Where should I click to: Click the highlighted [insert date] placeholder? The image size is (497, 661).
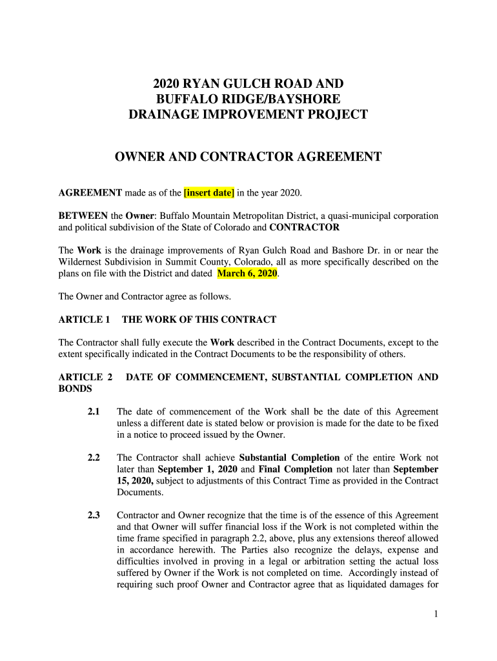209,193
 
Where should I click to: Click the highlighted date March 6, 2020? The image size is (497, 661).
247,274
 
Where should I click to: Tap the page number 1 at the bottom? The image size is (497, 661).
436,615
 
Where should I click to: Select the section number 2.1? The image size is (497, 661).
94,412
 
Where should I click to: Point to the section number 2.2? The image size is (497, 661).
94,458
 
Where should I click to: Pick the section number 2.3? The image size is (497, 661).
94,516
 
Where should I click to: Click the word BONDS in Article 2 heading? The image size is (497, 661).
75,389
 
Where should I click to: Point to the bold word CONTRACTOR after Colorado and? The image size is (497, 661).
304,227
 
